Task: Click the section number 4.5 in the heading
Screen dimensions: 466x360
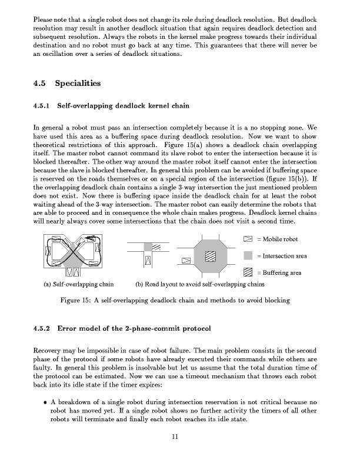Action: pyautogui.click(x=40, y=84)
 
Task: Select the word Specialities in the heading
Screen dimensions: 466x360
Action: pyautogui.click(x=78, y=84)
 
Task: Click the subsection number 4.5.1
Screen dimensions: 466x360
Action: pyautogui.click(x=43, y=107)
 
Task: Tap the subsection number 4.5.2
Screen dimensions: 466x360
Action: pyautogui.click(x=43, y=328)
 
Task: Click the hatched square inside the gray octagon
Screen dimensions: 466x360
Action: pyautogui.click(x=210, y=255)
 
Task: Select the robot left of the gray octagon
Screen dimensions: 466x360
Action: pyautogui.click(x=186, y=260)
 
